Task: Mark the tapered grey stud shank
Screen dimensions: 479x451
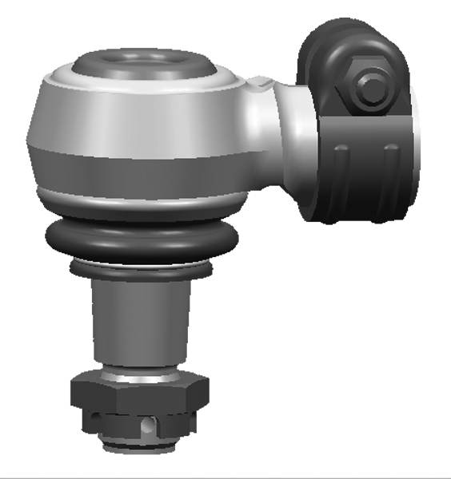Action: [x=139, y=319]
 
